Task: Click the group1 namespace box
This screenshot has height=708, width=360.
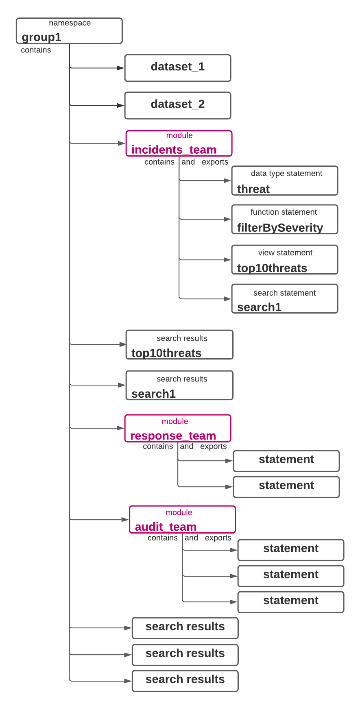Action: pos(69,30)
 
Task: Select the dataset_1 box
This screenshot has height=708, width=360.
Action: pos(178,68)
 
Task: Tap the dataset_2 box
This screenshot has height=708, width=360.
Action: pos(178,105)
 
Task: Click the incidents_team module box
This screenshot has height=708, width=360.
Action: pos(179,143)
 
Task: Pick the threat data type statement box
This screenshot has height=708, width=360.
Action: pos(285,181)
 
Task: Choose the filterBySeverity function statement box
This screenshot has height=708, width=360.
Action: pos(285,219)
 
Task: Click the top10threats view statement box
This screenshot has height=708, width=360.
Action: pos(285,259)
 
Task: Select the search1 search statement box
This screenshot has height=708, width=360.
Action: pos(285,298)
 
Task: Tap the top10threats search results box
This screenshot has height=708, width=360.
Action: pos(179,344)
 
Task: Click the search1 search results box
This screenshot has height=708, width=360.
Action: pos(179,385)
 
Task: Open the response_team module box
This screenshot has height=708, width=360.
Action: pos(178,428)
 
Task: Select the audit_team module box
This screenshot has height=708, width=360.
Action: pos(182,519)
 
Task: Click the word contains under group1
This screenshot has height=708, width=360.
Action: pos(36,50)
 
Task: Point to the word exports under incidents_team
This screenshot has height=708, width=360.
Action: pos(215,162)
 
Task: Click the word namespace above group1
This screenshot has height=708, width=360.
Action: pos(70,23)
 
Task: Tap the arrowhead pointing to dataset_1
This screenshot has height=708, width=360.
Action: pos(120,68)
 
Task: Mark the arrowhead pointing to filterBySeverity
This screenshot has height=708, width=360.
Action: pos(227,219)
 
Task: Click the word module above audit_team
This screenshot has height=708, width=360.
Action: pos(179,512)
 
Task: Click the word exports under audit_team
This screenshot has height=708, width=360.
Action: pos(218,538)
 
